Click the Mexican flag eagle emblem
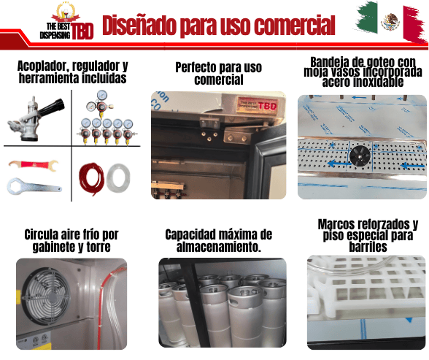point(390,22)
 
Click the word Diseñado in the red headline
point(139,25)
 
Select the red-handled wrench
point(33,165)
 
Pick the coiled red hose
point(91,178)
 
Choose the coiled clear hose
point(118,177)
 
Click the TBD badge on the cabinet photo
point(258,105)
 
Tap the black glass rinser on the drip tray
point(360,156)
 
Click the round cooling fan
point(46,296)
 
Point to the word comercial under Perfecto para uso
point(219,80)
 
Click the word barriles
point(368,247)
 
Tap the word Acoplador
point(42,66)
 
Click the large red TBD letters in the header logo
point(82,31)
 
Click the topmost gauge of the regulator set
point(102,96)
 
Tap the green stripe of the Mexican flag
point(367,17)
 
